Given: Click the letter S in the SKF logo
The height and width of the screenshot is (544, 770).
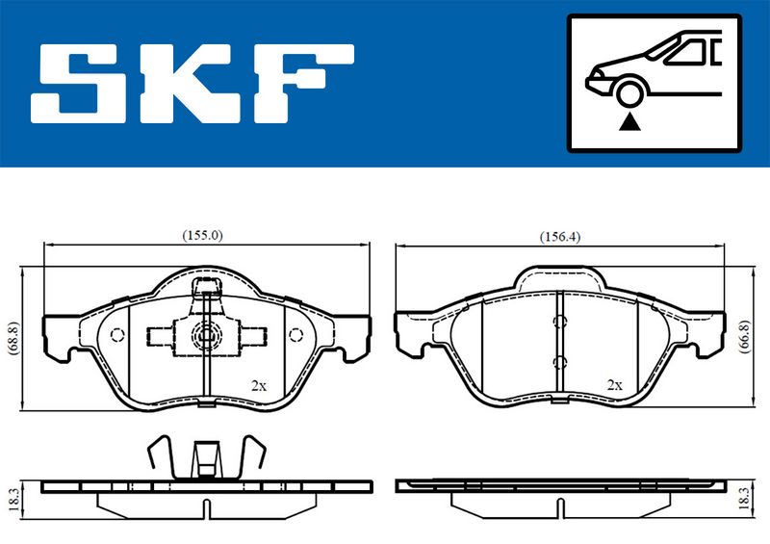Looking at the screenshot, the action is [x=80, y=84].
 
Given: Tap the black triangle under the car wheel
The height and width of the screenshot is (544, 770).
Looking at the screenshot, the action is [x=629, y=122].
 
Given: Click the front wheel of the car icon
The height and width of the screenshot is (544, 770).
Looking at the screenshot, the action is [x=629, y=92].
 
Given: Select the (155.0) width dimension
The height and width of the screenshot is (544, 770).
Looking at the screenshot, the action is [x=202, y=235].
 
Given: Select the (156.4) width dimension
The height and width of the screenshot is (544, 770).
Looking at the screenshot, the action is [x=560, y=237].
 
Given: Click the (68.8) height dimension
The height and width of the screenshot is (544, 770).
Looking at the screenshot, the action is [x=13, y=338].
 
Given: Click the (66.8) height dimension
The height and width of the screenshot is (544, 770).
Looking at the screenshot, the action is [x=745, y=337].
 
